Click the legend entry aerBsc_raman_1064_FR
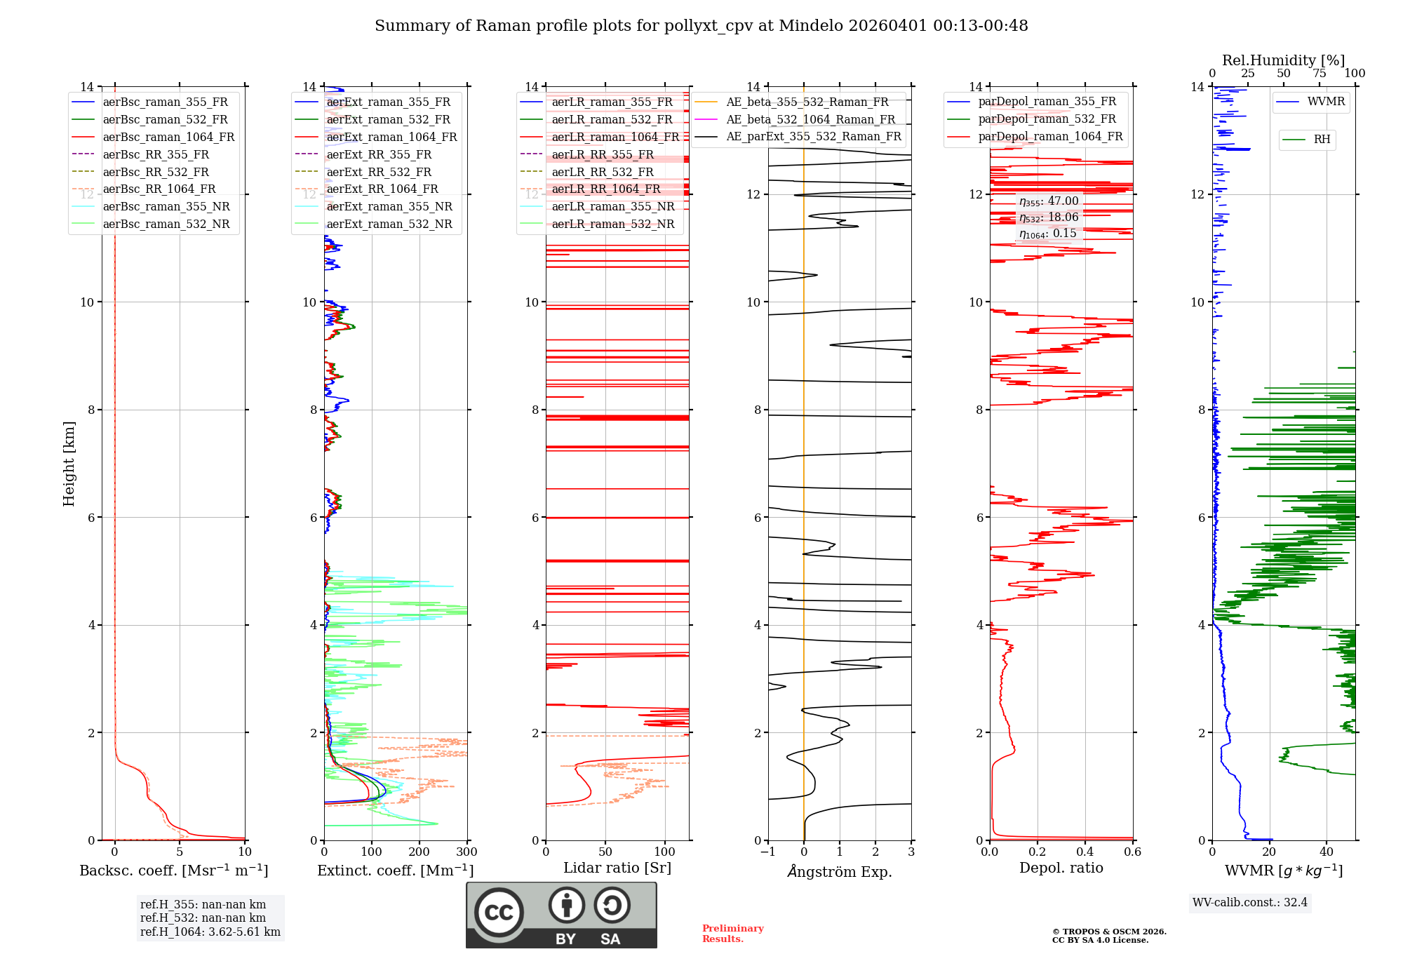tap(168, 137)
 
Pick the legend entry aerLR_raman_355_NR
tap(612, 206)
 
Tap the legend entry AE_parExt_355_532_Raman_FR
tap(813, 136)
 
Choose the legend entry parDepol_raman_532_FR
tap(1047, 119)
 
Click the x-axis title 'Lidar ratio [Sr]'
tap(617, 868)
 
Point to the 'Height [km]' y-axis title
tap(69, 463)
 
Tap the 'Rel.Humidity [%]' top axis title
tap(1283, 60)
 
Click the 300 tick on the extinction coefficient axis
tap(466, 852)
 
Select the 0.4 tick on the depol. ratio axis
tap(1085, 852)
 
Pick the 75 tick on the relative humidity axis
tap(1320, 74)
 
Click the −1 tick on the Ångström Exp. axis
tap(768, 852)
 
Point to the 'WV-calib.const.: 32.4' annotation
tap(1250, 902)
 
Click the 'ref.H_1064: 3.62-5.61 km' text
tap(210, 932)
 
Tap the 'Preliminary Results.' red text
tap(732, 934)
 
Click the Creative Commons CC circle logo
tap(499, 912)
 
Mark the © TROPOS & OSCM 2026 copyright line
tap(1109, 932)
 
